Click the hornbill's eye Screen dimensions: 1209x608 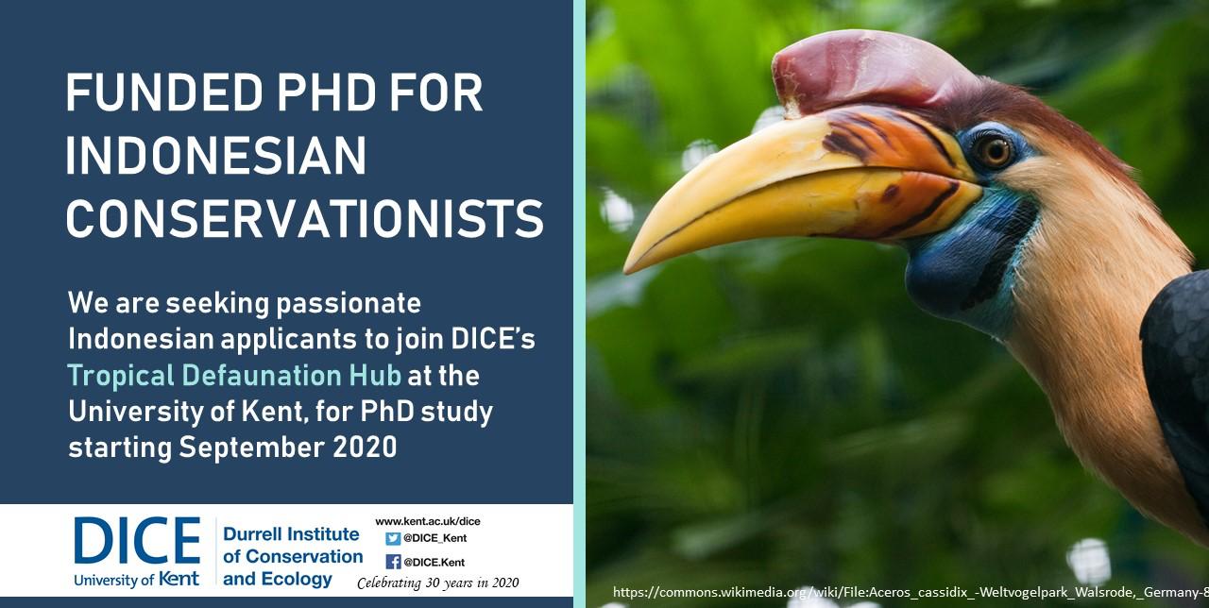coord(995,152)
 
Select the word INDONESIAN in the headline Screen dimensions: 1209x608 coord(216,156)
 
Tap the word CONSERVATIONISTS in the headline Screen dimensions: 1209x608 coord(304,218)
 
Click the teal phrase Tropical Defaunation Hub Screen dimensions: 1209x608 coord(234,376)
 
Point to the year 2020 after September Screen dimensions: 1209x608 coord(365,448)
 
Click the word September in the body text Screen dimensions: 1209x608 coord(252,448)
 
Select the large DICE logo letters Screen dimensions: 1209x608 coord(137,540)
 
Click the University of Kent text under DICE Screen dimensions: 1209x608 coord(137,580)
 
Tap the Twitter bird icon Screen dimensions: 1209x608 coord(393,538)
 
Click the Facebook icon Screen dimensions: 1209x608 coord(393,562)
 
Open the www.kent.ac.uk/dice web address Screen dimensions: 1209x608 coord(428,521)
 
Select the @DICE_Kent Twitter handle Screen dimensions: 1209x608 coord(435,538)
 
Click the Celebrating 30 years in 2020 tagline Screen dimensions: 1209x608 coord(437,583)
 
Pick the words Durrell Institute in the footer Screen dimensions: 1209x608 coord(291,534)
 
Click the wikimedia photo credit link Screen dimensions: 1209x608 coord(911,592)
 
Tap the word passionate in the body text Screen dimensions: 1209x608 coord(349,304)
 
